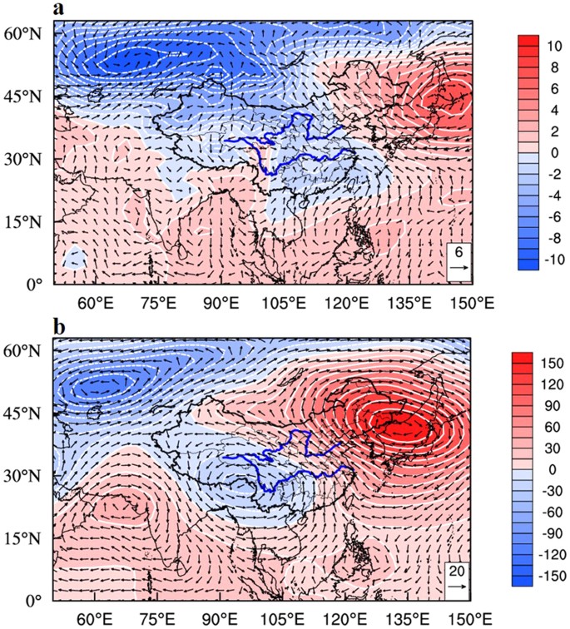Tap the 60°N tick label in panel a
[x=25, y=34]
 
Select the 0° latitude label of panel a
[x=32, y=284]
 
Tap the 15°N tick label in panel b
[x=25, y=537]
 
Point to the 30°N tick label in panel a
[x=25, y=159]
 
